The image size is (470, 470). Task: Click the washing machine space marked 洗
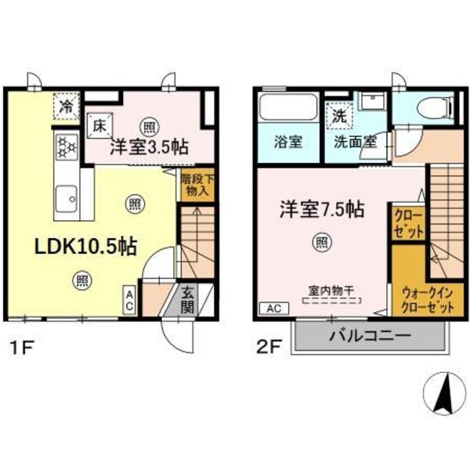(339, 114)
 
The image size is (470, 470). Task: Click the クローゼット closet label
(407, 223)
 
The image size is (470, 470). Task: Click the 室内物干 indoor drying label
(329, 290)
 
